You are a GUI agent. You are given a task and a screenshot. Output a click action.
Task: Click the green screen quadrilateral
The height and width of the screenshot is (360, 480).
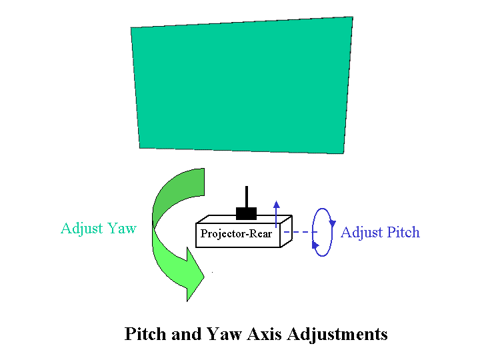point(242,86)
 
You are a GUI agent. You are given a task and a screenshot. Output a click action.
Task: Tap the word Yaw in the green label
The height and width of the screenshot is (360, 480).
point(122,229)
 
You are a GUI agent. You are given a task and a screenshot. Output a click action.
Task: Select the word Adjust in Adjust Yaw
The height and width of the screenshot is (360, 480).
point(82,229)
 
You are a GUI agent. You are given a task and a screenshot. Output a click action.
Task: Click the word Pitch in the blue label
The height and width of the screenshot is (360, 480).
point(403,233)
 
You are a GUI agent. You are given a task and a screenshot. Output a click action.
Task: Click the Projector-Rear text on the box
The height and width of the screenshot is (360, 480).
point(236,234)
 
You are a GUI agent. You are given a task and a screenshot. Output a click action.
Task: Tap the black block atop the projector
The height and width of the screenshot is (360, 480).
point(246,213)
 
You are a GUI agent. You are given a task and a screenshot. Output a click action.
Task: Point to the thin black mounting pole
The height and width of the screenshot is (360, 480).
point(247,197)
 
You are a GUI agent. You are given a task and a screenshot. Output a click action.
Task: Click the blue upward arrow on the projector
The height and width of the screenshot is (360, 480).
point(277,214)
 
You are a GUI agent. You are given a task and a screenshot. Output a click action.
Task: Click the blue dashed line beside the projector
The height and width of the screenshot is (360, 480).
point(300,232)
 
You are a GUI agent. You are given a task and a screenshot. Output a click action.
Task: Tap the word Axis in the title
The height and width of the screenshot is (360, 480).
point(264,334)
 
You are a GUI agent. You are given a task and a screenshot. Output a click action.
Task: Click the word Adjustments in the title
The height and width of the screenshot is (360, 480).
point(337,335)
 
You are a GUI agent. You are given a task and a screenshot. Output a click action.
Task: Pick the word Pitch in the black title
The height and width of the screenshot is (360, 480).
point(146,334)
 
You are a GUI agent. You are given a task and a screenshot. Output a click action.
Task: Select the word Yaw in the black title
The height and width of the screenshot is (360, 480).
point(225,334)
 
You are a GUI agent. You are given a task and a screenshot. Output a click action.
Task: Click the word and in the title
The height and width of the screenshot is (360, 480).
point(187,334)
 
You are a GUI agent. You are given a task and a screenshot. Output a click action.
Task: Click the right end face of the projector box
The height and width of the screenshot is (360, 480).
point(287,231)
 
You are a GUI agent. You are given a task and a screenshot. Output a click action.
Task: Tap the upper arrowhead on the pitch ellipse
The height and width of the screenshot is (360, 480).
point(333,223)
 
